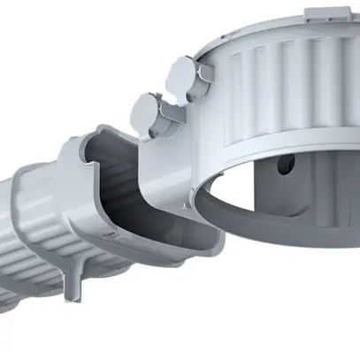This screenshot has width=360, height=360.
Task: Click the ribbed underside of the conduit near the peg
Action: pyautogui.click(x=44, y=265)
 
